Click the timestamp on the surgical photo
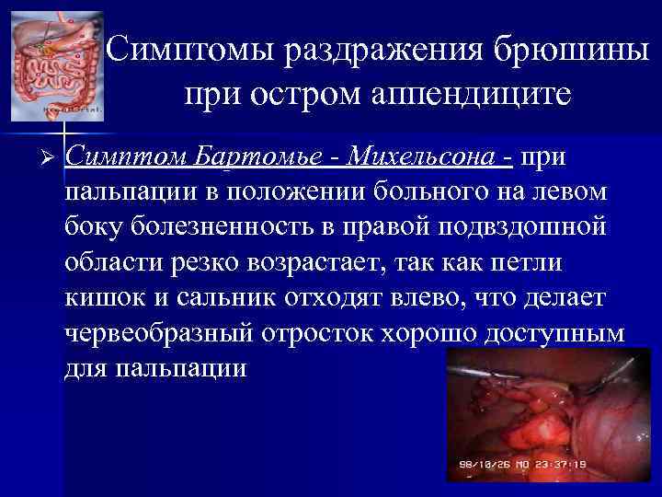(x=520, y=465)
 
